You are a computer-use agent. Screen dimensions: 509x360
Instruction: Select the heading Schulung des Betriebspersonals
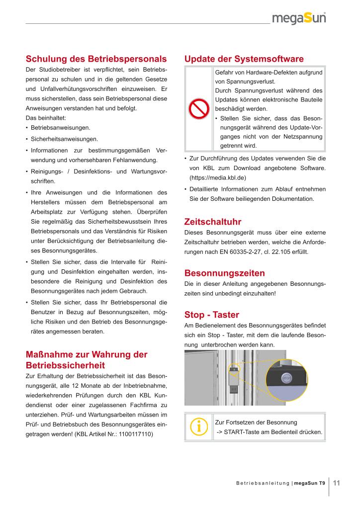tap(95, 59)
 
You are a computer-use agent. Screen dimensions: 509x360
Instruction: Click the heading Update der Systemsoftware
tap(244, 59)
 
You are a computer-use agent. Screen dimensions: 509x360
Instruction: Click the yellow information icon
tap(199, 426)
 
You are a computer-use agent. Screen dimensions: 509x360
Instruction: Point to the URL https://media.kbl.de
tap(218, 177)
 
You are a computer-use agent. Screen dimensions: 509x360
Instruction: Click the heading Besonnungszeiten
tap(224, 273)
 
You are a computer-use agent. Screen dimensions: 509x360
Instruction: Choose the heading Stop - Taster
tap(211, 315)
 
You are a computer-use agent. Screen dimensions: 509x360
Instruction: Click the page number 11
tap(336, 482)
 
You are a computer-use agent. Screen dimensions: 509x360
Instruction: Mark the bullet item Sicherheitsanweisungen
tap(64, 139)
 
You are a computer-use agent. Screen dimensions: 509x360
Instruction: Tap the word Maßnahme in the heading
tap(49, 354)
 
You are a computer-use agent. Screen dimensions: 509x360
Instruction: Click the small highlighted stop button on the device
tap(233, 369)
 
